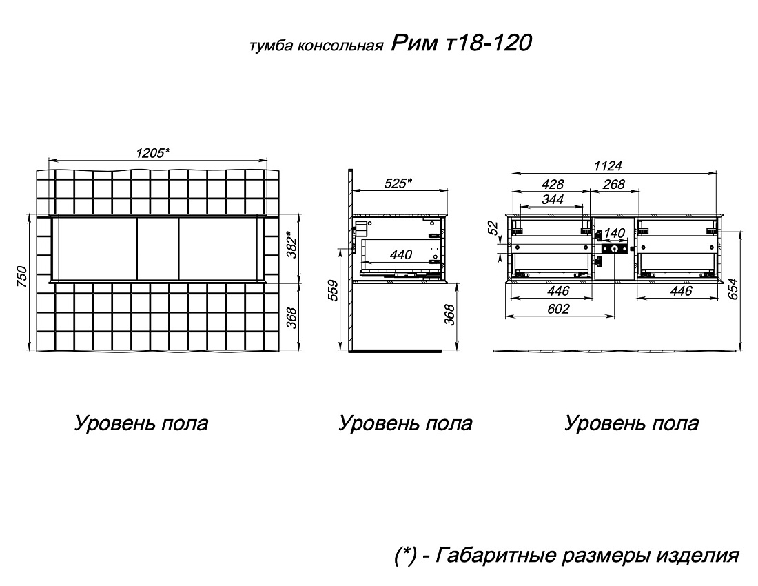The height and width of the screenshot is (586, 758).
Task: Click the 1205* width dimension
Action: tap(153, 153)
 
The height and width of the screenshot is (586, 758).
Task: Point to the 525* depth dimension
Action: tap(398, 184)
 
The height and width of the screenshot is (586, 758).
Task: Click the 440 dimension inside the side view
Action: tap(401, 254)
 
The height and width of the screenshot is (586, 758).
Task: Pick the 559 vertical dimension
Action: tap(334, 290)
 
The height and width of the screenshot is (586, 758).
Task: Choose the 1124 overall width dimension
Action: tap(608, 166)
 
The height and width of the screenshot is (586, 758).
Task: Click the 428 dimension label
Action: tap(553, 184)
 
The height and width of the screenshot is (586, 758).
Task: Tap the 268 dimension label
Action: tap(613, 184)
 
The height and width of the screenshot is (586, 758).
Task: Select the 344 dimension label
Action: tap(553, 199)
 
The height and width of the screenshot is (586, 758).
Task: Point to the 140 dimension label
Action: tap(614, 233)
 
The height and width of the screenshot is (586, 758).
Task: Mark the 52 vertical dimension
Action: tap(493, 228)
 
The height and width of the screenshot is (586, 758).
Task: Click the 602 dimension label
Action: tap(558, 308)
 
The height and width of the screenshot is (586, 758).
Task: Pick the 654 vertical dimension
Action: tap(733, 289)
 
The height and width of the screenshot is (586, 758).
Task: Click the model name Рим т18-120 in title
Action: tap(461, 43)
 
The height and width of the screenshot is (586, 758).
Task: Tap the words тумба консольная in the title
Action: tap(317, 46)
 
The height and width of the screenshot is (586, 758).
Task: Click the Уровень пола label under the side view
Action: tap(405, 423)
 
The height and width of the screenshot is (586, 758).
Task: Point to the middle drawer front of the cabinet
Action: tap(158, 248)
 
